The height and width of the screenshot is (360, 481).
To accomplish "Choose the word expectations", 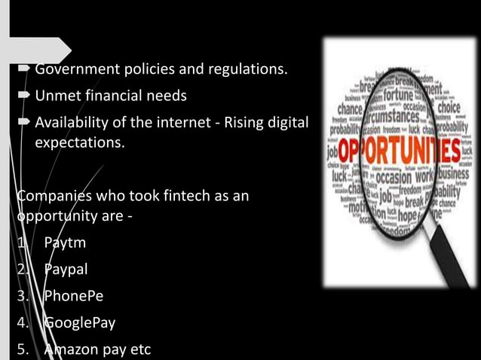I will tap(80, 140).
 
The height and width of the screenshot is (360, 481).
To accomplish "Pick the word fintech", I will tap(176, 196).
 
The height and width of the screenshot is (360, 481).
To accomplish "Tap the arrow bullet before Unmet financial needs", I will tap(25, 96).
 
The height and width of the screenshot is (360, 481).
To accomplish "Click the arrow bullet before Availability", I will tap(25, 122).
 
